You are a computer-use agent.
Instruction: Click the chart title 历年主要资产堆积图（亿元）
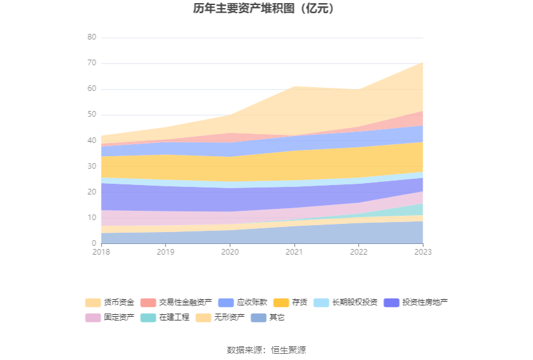click(x=266, y=9)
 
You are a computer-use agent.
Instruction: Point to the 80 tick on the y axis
click(x=92, y=38)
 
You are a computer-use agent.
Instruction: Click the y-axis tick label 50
click(x=92, y=115)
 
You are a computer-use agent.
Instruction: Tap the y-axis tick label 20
click(x=92, y=192)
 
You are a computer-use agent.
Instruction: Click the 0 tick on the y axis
click(x=94, y=243)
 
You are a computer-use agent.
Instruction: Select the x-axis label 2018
click(x=101, y=251)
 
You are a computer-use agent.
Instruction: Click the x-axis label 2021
click(x=294, y=251)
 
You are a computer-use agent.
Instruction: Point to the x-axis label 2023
click(x=423, y=251)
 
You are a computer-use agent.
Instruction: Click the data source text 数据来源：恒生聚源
click(x=266, y=350)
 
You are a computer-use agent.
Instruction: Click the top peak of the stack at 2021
click(x=294, y=87)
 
